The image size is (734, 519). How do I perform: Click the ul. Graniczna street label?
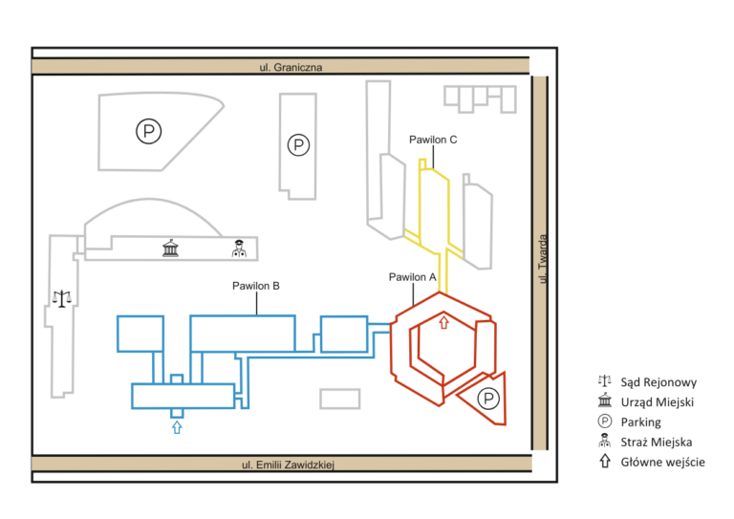(x=291, y=67)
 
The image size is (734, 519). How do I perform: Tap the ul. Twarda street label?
(x=542, y=259)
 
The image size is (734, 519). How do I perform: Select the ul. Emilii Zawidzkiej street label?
(x=288, y=465)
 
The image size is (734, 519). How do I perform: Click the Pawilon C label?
(x=433, y=140)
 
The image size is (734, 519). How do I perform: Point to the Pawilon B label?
(x=256, y=286)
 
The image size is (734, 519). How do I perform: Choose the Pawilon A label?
(x=413, y=277)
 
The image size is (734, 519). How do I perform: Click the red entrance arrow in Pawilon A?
(x=443, y=322)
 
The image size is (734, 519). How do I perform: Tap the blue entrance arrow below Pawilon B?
(x=177, y=427)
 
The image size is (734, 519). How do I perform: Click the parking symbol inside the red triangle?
(x=488, y=399)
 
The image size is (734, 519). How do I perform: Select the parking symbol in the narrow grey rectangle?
(x=298, y=145)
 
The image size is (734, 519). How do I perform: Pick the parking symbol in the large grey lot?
(x=149, y=131)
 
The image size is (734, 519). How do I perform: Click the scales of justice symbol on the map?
(x=62, y=298)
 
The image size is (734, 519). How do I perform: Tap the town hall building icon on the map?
(x=170, y=249)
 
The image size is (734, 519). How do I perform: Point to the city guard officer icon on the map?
(x=239, y=249)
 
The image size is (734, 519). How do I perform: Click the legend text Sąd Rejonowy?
(x=658, y=382)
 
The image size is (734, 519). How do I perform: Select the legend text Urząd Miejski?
(x=658, y=402)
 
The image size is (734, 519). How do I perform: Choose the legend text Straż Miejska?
(x=657, y=442)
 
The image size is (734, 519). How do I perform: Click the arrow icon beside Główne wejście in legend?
(x=605, y=462)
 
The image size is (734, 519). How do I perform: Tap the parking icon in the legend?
(x=605, y=422)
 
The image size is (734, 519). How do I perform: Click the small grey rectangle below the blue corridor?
(x=340, y=400)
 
